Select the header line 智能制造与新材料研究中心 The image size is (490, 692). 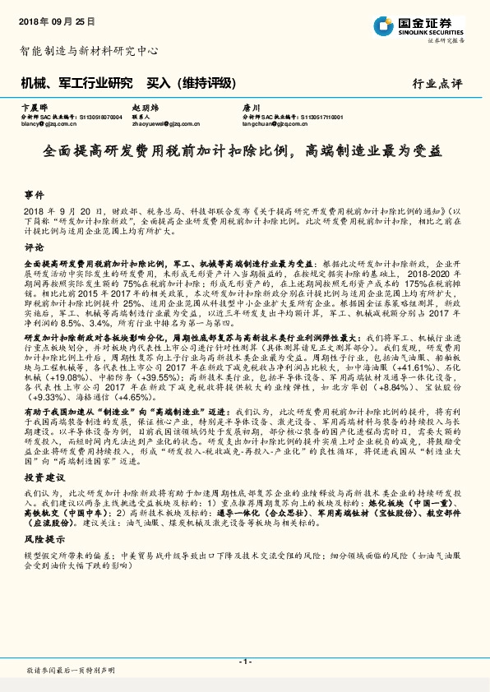click(88, 50)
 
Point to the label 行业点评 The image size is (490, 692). click(438, 84)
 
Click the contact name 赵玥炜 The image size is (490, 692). click(145, 108)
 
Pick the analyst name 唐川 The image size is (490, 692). click(250, 108)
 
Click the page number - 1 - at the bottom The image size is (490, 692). click(244, 662)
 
